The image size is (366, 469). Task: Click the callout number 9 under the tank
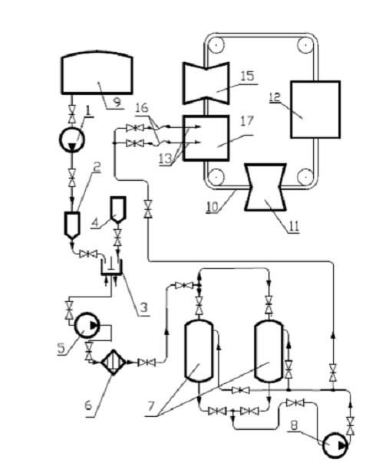coord(117,103)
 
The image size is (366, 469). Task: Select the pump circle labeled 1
coord(72,139)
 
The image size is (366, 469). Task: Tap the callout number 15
coord(247,76)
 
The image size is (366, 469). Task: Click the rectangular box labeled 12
coord(315,110)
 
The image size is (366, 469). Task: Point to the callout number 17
coord(247,121)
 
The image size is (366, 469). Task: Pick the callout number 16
coord(142,108)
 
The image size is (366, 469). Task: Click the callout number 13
coord(165,159)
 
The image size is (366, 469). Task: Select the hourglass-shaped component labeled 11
coord(265,187)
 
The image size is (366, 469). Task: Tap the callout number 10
coord(213,207)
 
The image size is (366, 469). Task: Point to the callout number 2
coord(97,168)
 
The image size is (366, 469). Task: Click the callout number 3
coord(144,307)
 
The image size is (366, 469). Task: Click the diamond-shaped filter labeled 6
coord(113,362)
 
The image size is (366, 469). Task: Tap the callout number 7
coord(151,406)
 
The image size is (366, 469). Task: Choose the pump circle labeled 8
coord(335,446)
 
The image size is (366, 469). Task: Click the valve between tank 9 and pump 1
coord(72,114)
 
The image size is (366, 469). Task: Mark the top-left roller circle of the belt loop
coord(216,45)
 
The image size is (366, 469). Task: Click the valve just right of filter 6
coord(147,362)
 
